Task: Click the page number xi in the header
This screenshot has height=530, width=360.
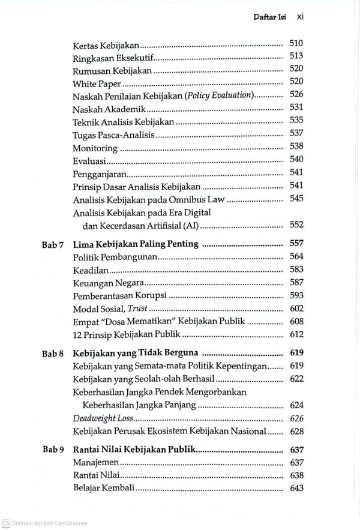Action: [x=300, y=17]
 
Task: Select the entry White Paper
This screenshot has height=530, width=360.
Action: [x=97, y=84]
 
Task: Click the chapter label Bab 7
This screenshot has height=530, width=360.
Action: [x=53, y=244]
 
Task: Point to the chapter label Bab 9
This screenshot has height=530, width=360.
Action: [x=53, y=450]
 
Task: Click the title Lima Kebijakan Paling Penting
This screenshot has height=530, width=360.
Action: [x=135, y=244]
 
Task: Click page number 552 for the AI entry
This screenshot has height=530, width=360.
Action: [x=296, y=225]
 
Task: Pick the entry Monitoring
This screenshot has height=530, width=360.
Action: [x=95, y=148]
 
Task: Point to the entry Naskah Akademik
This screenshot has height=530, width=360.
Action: [x=109, y=109]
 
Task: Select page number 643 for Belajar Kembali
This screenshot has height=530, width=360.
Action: [x=296, y=488]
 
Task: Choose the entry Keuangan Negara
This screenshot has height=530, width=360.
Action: [x=108, y=283]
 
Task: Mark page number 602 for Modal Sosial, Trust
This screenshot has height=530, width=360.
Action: [x=296, y=309]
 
